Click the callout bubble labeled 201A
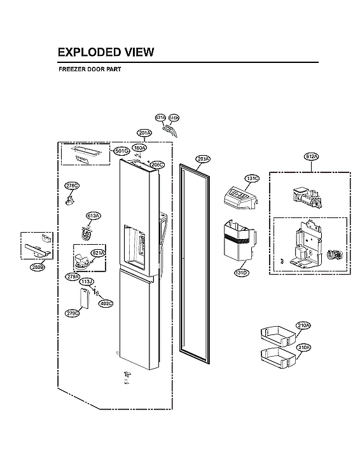click(x=144, y=133)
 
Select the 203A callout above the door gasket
click(x=203, y=158)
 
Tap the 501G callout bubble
click(x=121, y=151)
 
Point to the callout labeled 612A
click(x=312, y=156)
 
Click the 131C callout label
click(x=253, y=179)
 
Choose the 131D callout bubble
click(x=241, y=272)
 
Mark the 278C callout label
click(x=72, y=186)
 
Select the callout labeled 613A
click(x=93, y=216)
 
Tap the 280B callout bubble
click(x=38, y=268)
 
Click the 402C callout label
click(x=106, y=303)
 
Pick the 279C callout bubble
click(x=73, y=313)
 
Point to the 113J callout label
click(x=87, y=281)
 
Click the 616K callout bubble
click(x=174, y=118)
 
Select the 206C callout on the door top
click(x=157, y=165)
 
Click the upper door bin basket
click(x=277, y=333)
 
